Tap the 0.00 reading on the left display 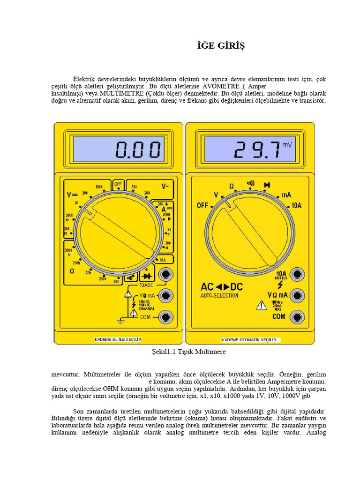[x=138, y=150]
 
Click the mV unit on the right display [x=286, y=145]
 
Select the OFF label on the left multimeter [x=118, y=184]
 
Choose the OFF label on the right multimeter [x=202, y=205]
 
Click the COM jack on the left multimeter [x=165, y=317]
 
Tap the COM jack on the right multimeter [x=297, y=316]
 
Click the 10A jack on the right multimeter [x=297, y=274]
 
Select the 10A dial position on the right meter [x=296, y=205]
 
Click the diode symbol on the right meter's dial [x=268, y=185]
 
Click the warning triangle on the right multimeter [x=261, y=306]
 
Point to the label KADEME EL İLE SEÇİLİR [x=118, y=339]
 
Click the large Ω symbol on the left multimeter [x=72, y=271]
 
